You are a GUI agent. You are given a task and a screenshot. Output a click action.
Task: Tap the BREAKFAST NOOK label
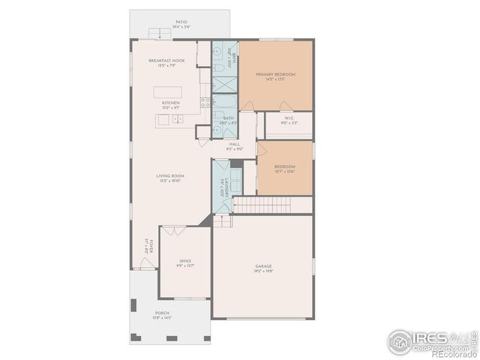pyautogui.click(x=166, y=61)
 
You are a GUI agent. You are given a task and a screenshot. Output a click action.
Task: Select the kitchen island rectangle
pyautogui.click(x=169, y=91)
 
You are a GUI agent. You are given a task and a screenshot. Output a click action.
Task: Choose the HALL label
pyautogui.click(x=234, y=145)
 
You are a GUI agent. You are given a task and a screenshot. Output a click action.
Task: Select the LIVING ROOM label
pyautogui.click(x=170, y=178)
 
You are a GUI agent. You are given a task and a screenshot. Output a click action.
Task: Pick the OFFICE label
pyautogui.click(x=185, y=262)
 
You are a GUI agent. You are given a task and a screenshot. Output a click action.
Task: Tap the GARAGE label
pyautogui.click(x=263, y=268)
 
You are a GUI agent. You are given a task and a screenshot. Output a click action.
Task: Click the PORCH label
pyautogui.click(x=162, y=314)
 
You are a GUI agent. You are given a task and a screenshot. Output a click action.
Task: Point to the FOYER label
pyautogui.click(x=150, y=245)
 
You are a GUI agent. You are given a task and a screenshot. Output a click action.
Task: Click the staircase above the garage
pyautogui.click(x=261, y=205)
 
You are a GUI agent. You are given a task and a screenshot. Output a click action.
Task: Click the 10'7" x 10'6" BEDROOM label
pyautogui.click(x=284, y=168)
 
